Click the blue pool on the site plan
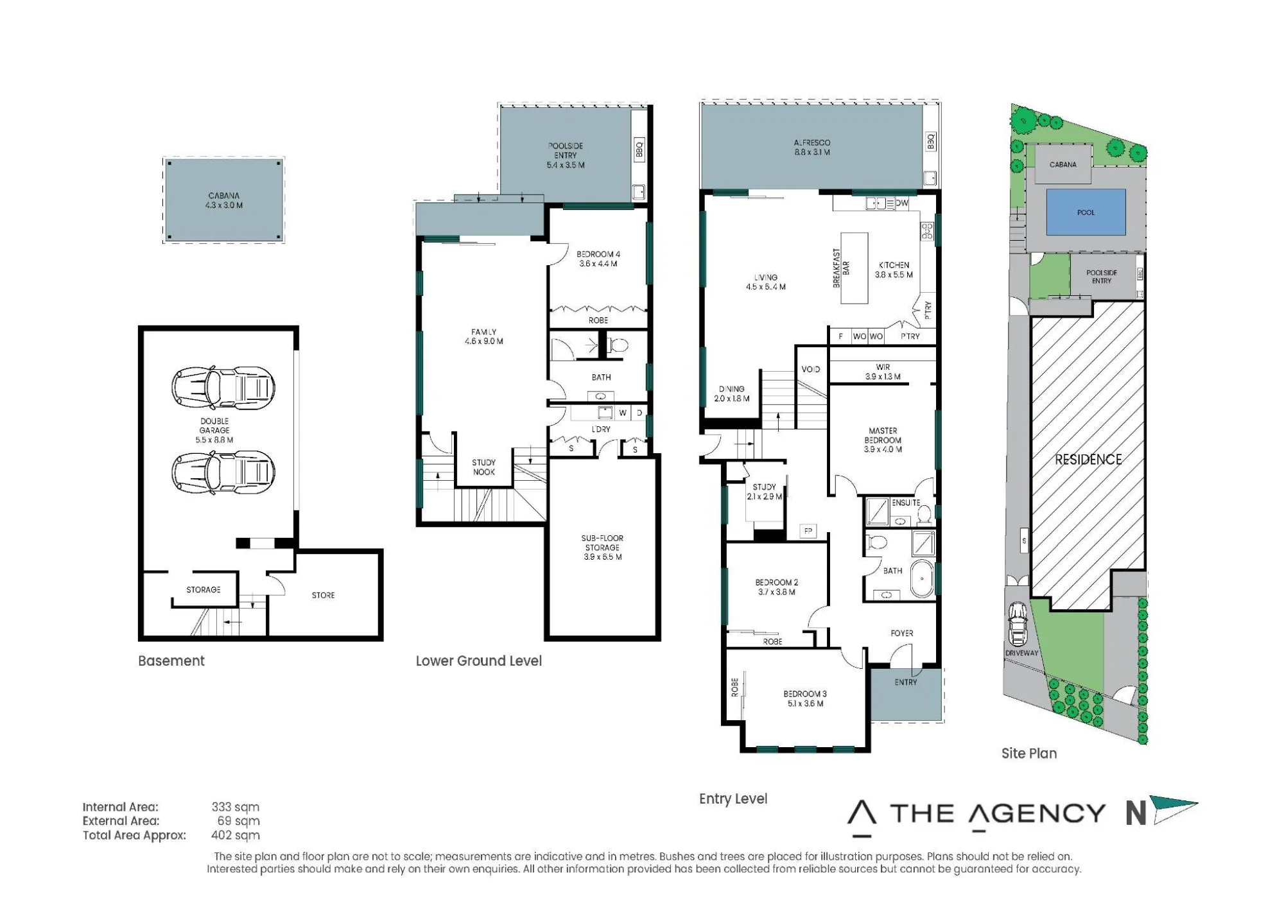click(x=1086, y=212)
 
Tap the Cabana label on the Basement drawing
click(x=224, y=200)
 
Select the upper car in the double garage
click(x=223, y=388)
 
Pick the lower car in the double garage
click(x=223, y=472)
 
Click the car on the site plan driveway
click(x=1018, y=624)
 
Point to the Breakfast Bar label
click(x=841, y=268)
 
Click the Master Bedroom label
click(x=883, y=440)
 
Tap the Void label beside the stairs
click(x=811, y=369)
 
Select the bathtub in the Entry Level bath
click(x=922, y=580)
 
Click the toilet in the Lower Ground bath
click(x=617, y=346)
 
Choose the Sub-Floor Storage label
click(x=602, y=548)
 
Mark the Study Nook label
click(x=484, y=467)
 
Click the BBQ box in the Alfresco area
click(x=931, y=142)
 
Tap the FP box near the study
click(x=808, y=531)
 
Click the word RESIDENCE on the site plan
click(x=1088, y=460)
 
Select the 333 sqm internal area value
click(x=236, y=807)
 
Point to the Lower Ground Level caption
click(x=479, y=661)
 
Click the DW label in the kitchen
click(x=902, y=203)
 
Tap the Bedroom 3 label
click(x=805, y=698)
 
